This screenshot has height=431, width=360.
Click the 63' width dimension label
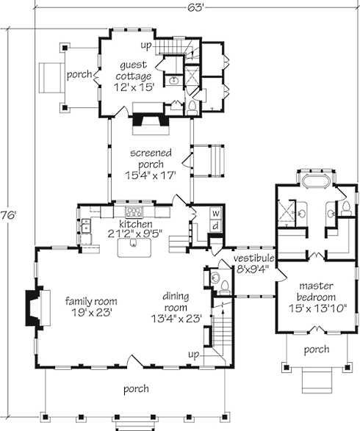click(x=195, y=7)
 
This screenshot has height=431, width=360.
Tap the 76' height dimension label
click(x=9, y=215)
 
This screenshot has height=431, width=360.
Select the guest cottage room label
click(x=134, y=76)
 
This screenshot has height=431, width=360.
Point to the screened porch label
click(x=151, y=164)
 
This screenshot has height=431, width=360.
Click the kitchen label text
click(x=136, y=224)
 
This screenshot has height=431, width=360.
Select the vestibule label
click(x=254, y=258)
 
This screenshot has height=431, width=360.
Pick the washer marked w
click(x=216, y=213)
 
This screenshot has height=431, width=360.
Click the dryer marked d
click(x=216, y=226)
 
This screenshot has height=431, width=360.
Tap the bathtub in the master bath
click(x=316, y=181)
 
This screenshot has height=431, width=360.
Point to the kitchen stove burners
click(x=134, y=212)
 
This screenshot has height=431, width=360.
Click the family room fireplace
click(x=37, y=308)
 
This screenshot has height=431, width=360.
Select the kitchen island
click(x=134, y=247)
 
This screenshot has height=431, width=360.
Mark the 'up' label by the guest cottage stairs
click(x=146, y=46)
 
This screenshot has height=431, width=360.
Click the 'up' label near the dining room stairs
click(x=194, y=355)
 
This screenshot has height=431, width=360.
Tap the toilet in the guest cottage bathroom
click(x=192, y=108)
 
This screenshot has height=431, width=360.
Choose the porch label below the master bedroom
click(x=317, y=349)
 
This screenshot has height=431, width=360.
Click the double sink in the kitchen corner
click(x=86, y=225)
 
